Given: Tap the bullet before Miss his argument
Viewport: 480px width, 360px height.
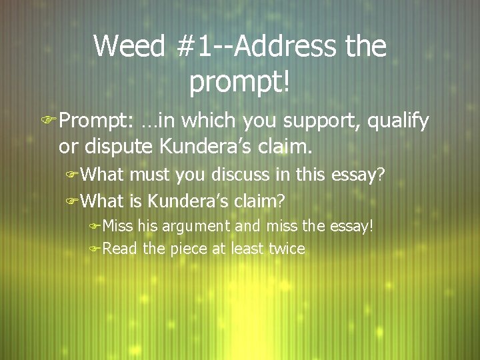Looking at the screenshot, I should point(95,226).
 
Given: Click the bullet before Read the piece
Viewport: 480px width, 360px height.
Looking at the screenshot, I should point(95,250).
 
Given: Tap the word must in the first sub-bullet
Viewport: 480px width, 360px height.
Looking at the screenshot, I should point(149,175).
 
